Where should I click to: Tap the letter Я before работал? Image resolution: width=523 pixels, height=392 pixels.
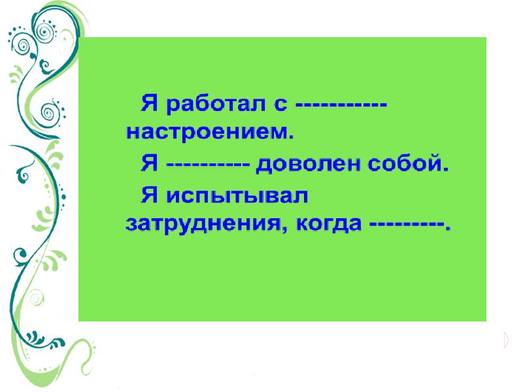[x=150, y=103]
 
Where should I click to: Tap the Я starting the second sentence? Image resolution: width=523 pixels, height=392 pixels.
[x=150, y=163]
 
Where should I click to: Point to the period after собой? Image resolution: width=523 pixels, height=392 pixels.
[x=447, y=168]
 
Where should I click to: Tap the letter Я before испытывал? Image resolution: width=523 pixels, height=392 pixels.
[x=150, y=194]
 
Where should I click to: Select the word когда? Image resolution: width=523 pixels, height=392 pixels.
[x=329, y=225]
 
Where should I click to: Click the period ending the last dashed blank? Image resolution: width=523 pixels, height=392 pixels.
[x=448, y=229]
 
